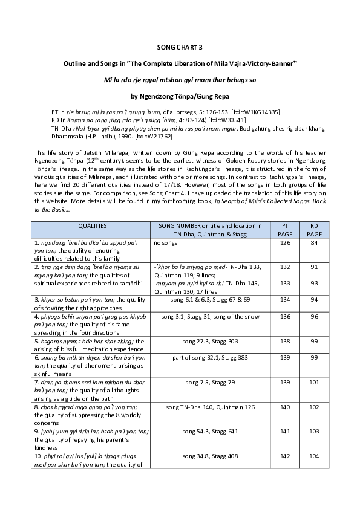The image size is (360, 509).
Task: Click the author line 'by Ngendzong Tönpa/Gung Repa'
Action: click(x=180, y=96)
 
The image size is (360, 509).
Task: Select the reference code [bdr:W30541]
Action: click(x=223, y=120)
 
